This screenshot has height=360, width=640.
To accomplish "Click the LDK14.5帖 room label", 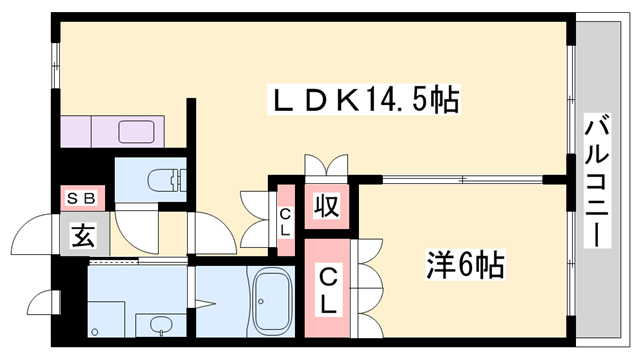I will point(365,99).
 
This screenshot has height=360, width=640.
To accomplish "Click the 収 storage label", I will point(326,207).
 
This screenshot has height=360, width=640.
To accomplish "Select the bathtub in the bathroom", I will point(271,303).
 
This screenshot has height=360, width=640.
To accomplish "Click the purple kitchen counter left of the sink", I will point(78,131).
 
